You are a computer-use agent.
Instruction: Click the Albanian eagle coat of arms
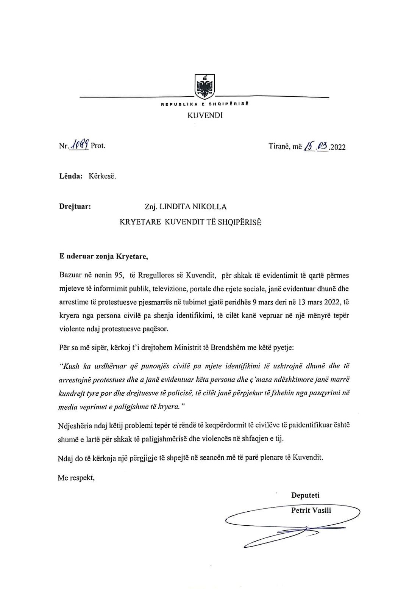tap(204, 87)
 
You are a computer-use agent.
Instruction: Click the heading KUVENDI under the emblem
tap(205, 115)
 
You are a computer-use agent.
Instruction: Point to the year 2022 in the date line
tap(337, 147)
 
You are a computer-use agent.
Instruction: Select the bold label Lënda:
tap(71, 176)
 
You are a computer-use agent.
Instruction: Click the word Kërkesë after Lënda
tap(102, 176)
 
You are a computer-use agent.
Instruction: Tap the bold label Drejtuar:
tap(75, 207)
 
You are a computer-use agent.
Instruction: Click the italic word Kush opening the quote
tap(70, 366)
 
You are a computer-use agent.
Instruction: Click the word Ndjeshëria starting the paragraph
tap(76, 425)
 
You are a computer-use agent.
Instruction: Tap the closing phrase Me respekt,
tap(76, 478)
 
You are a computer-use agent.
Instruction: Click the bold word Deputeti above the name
tap(305, 495)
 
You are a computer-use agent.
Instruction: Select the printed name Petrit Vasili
tap(311, 510)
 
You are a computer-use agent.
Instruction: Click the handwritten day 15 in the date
tap(310, 146)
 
